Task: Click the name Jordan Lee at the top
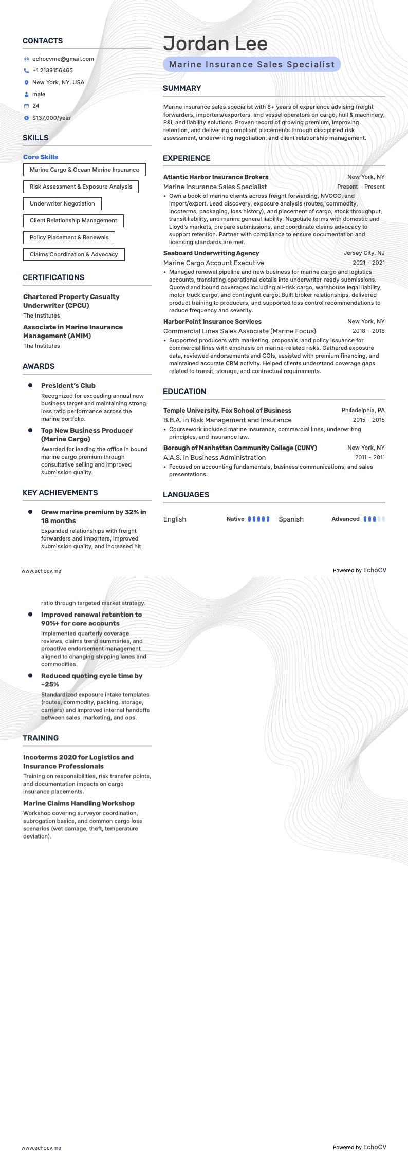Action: pyautogui.click(x=215, y=44)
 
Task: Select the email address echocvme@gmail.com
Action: pyautogui.click(x=63, y=59)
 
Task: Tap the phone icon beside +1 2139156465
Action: pyautogui.click(x=26, y=71)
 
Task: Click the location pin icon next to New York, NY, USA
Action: pyautogui.click(x=26, y=83)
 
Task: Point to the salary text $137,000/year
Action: pyautogui.click(x=51, y=118)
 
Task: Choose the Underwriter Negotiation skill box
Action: pyautogui.click(x=62, y=203)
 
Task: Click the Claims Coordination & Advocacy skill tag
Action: pyautogui.click(x=73, y=254)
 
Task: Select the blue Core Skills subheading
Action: pyautogui.click(x=41, y=157)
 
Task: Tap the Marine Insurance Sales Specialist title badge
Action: pyautogui.click(x=252, y=64)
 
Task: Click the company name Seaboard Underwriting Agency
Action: pyautogui.click(x=211, y=253)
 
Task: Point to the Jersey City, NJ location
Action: pyautogui.click(x=364, y=253)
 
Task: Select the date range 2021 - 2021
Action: pyautogui.click(x=368, y=263)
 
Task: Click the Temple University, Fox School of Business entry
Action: pyautogui.click(x=227, y=411)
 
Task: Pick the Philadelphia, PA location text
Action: pyautogui.click(x=363, y=411)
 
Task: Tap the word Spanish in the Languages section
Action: pyautogui.click(x=291, y=519)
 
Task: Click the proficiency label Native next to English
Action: pyautogui.click(x=235, y=519)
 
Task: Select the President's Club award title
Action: pyautogui.click(x=68, y=386)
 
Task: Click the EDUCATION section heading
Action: pyautogui.click(x=184, y=392)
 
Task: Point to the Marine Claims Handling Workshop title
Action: pyautogui.click(x=79, y=803)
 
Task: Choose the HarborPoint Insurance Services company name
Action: pyautogui.click(x=212, y=322)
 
